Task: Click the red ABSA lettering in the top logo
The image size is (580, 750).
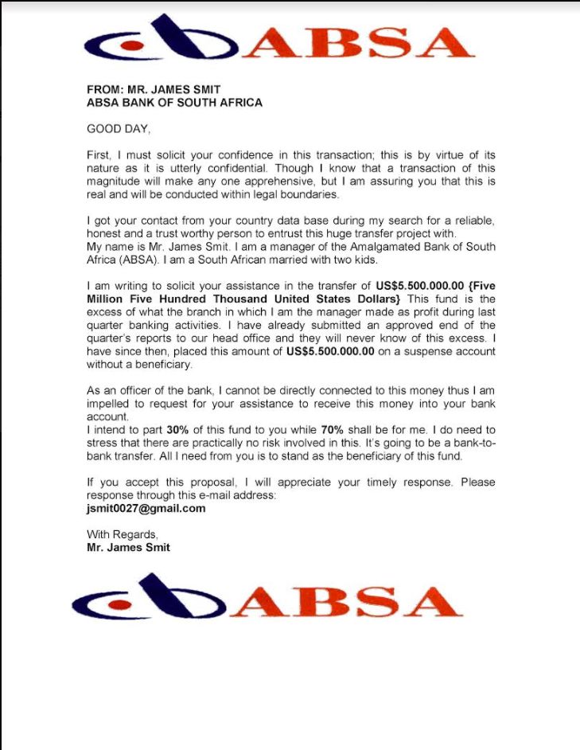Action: coord(358,45)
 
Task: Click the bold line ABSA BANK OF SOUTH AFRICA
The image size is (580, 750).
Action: coord(174,103)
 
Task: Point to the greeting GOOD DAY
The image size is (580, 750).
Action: coord(118,128)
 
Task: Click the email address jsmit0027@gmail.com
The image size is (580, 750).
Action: coord(146,508)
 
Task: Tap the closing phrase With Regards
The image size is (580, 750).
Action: coord(123,535)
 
